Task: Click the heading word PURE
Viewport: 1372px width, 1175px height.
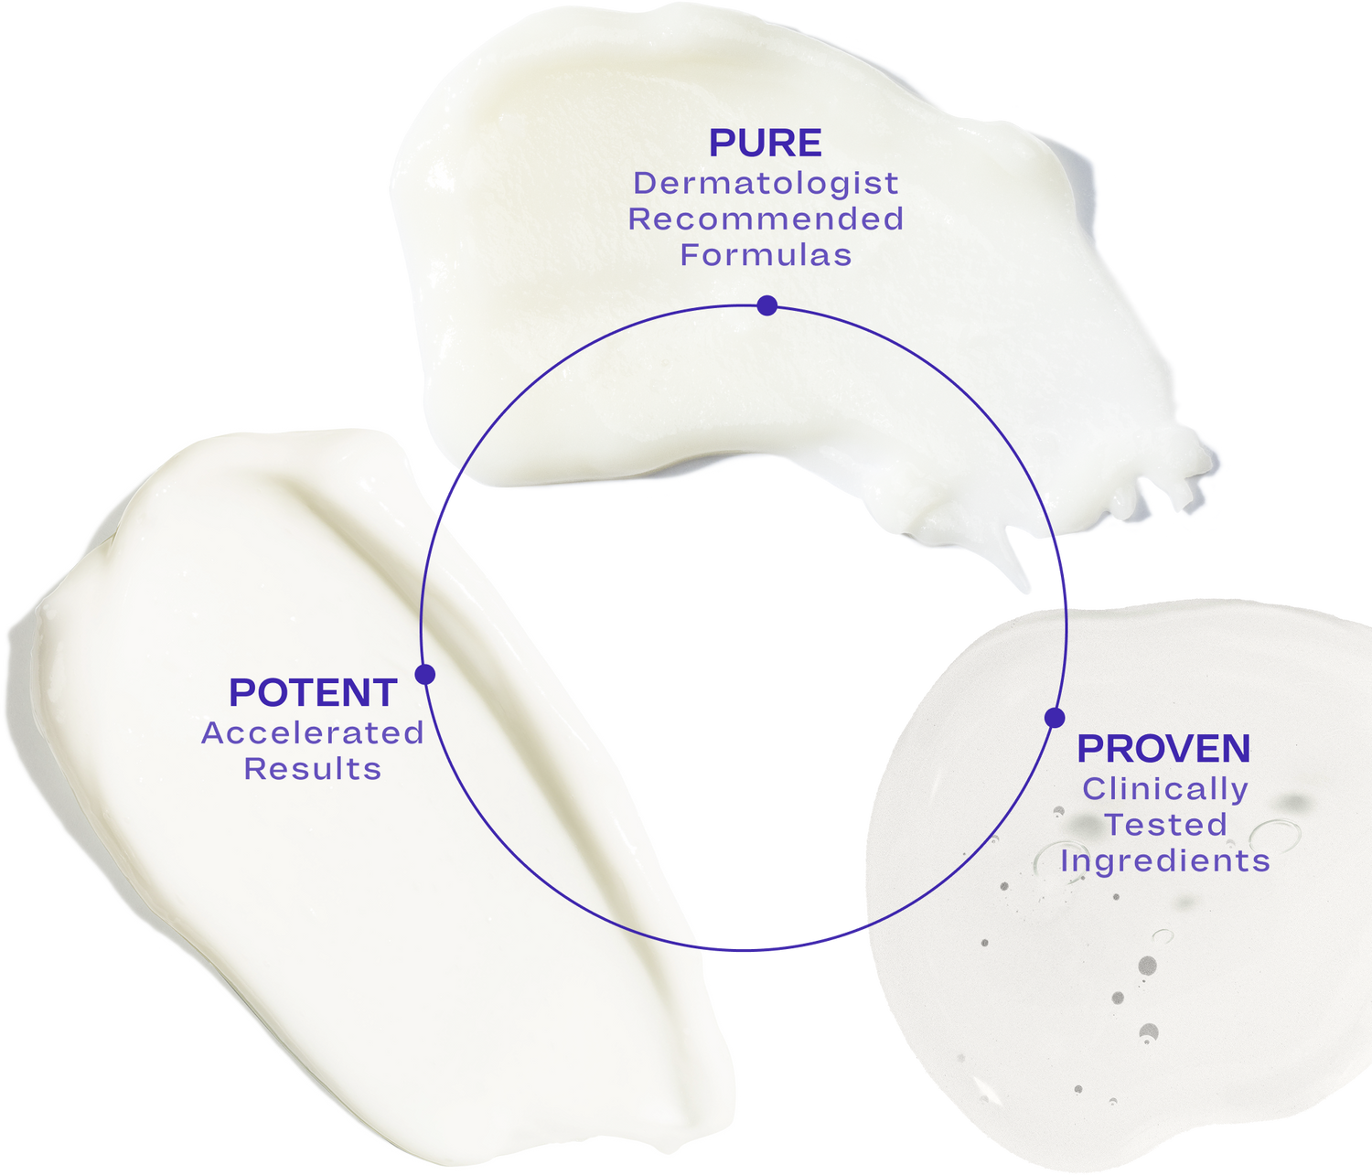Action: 766,144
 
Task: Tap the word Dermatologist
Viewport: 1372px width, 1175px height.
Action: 766,184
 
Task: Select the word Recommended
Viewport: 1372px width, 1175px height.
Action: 766,219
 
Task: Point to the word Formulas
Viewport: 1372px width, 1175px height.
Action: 766,255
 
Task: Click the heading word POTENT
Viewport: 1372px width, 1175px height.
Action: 313,693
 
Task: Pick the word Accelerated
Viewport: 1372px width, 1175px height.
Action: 313,733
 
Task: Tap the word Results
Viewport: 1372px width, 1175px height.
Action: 313,769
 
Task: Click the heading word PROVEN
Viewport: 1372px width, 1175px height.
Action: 1163,749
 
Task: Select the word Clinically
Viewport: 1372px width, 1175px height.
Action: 1164,789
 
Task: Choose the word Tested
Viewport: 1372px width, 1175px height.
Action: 1164,825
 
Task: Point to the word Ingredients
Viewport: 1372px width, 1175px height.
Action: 1164,861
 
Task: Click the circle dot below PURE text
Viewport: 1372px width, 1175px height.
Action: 767,305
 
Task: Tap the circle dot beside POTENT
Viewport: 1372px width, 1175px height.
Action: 424,675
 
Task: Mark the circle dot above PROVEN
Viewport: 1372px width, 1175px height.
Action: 1055,718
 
